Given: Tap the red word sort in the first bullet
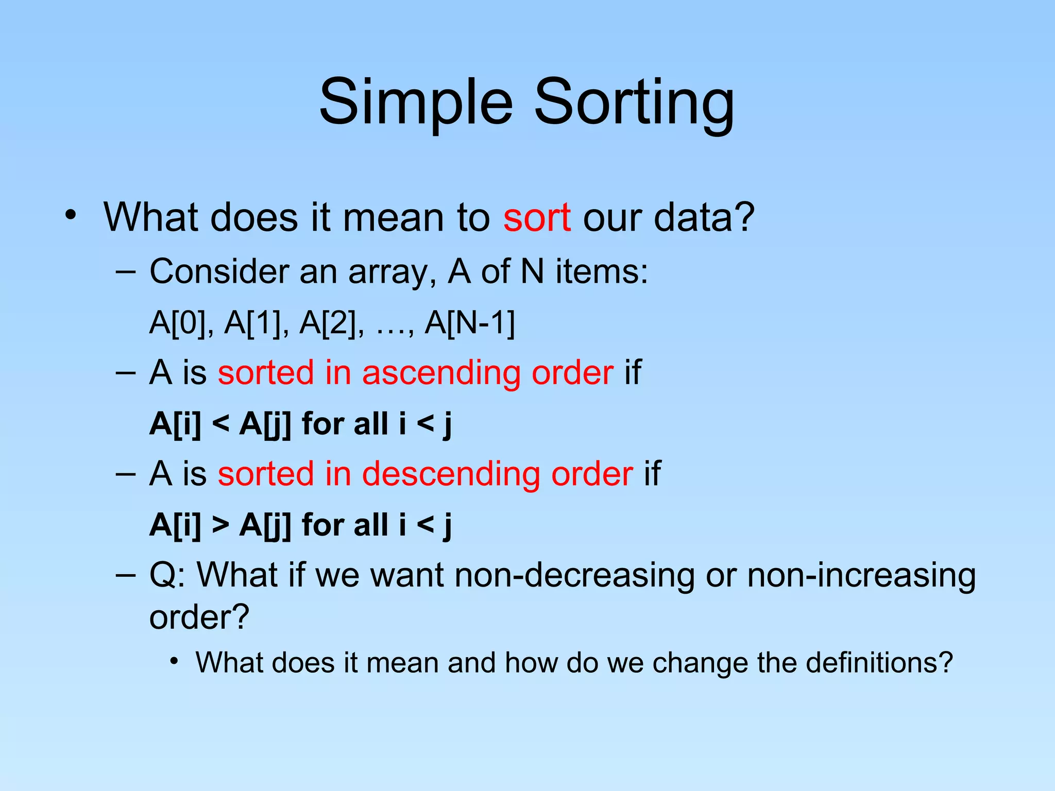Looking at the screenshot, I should (537, 217).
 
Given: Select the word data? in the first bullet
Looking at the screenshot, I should (704, 217).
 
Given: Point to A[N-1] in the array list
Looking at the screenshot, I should (469, 323).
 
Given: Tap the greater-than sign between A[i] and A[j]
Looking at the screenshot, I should (220, 525).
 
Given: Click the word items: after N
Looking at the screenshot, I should (602, 271).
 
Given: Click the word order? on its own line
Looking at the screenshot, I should (199, 616).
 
